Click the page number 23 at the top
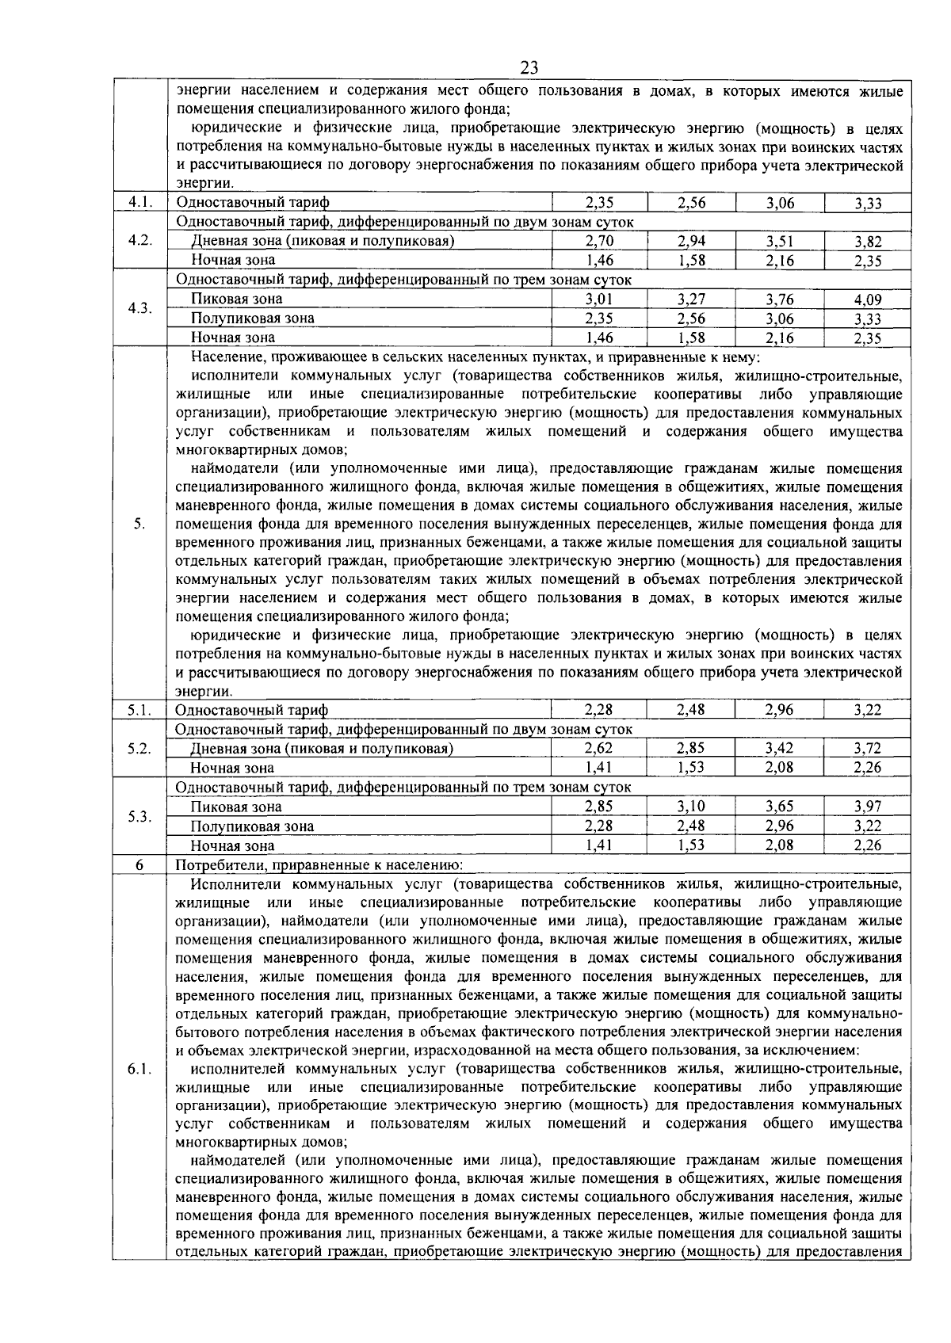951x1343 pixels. [x=529, y=68]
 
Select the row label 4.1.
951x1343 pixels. [x=139, y=203]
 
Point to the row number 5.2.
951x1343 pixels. [x=139, y=749]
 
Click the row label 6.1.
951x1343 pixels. [x=139, y=1070]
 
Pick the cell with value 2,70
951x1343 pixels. [x=599, y=242]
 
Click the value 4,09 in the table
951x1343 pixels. [x=868, y=300]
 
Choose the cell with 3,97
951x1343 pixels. [x=868, y=807]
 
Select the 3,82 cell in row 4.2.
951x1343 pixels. [x=868, y=242]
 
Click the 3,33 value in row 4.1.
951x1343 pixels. [x=868, y=204]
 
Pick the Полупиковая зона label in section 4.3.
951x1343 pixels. [x=252, y=319]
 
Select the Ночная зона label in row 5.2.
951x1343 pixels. [x=232, y=768]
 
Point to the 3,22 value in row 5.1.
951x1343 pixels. [x=868, y=711]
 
